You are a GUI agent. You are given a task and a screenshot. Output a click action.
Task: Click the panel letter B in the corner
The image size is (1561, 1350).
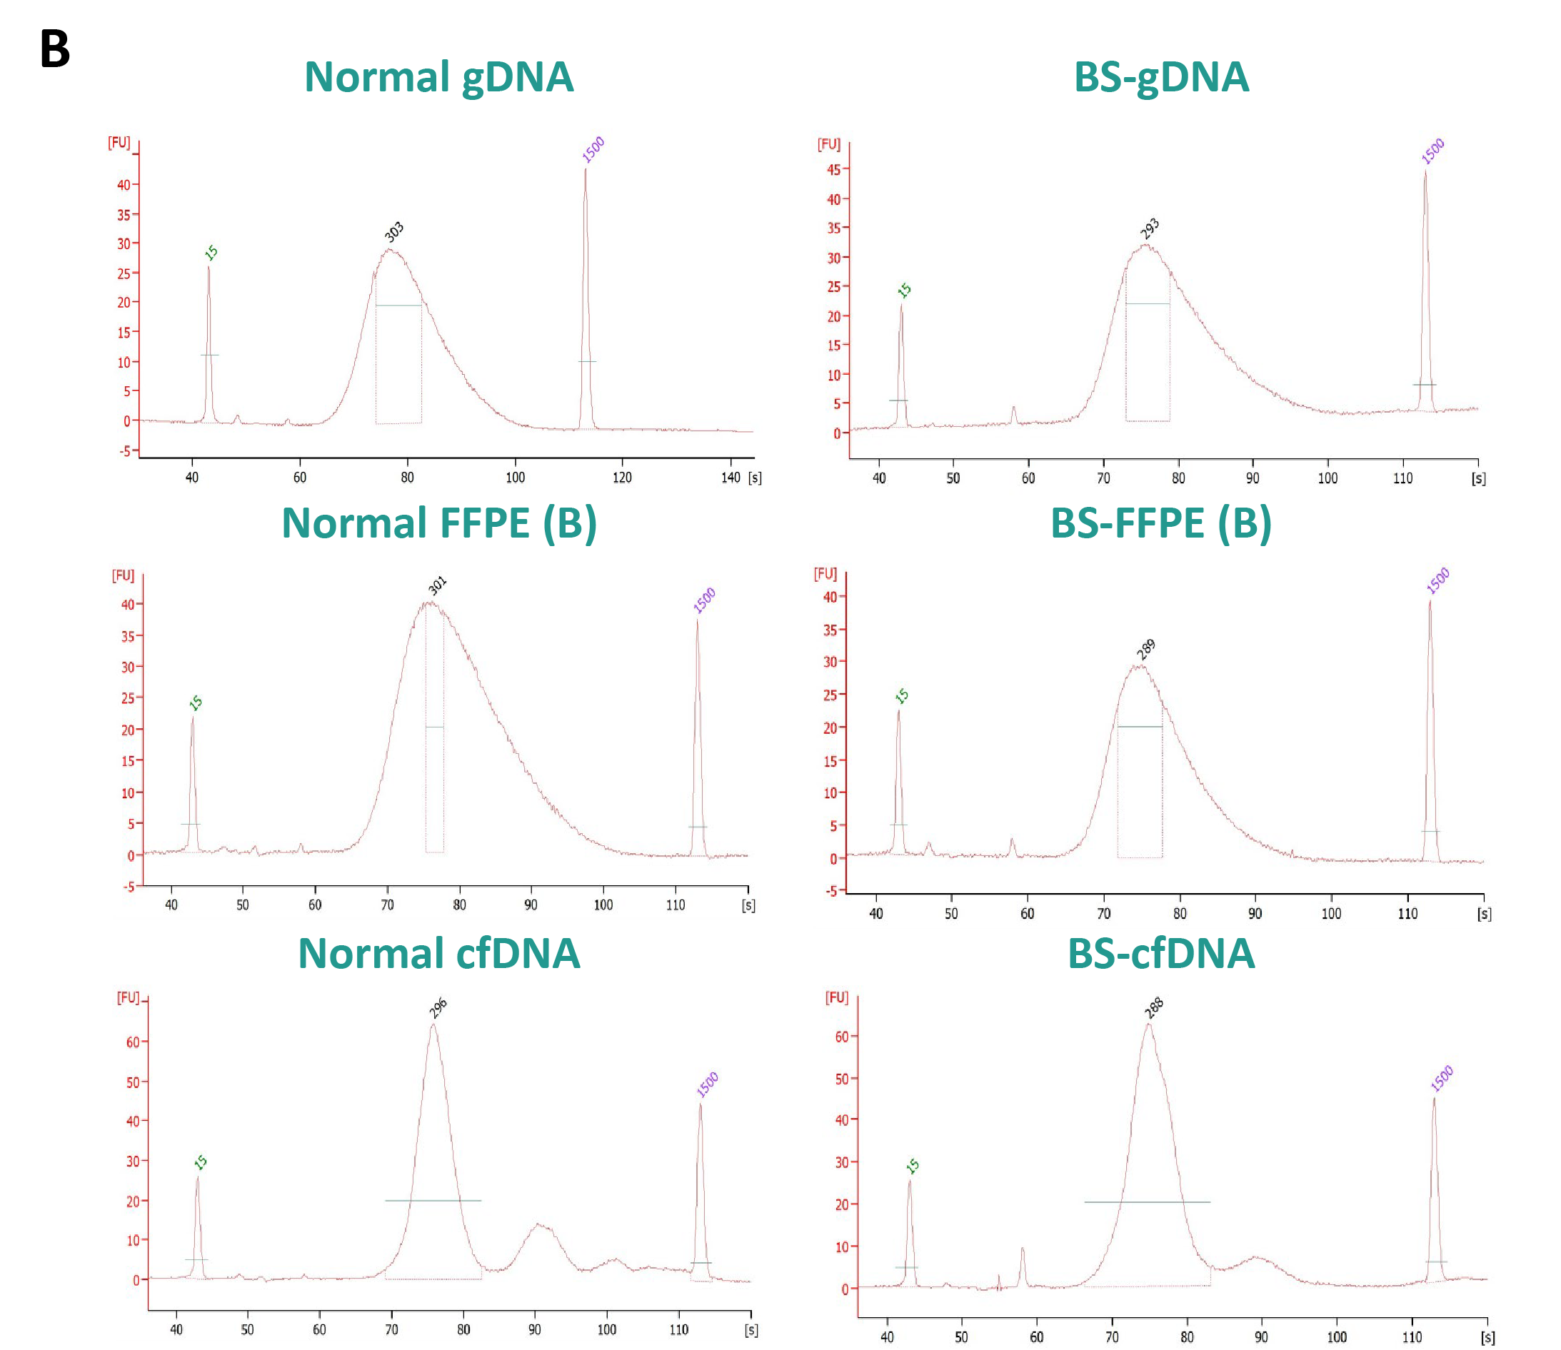tap(54, 50)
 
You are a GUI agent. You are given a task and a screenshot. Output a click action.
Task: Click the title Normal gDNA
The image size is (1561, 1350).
tap(438, 79)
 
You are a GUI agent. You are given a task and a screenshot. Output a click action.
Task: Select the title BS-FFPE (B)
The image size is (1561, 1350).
tap(1160, 523)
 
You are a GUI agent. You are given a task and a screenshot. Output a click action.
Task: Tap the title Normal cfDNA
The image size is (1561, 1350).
tap(438, 954)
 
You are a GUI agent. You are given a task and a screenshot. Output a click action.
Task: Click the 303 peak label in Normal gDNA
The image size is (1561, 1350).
tap(394, 231)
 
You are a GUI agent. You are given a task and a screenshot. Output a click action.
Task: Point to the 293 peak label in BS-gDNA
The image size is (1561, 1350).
tap(1150, 228)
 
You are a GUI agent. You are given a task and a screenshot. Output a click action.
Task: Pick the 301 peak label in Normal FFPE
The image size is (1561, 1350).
tap(438, 585)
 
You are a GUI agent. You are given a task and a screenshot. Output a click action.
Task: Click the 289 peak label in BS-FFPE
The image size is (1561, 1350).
tap(1146, 649)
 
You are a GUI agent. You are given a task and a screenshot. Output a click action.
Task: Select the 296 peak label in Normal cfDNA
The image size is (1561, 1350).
tap(438, 1008)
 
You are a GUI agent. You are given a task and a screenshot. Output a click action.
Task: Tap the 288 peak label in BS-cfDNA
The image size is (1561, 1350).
tap(1154, 1007)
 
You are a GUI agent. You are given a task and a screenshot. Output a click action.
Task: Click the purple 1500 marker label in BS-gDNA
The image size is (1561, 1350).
tap(1433, 151)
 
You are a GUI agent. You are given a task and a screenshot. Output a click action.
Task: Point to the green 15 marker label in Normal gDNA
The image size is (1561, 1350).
tap(211, 253)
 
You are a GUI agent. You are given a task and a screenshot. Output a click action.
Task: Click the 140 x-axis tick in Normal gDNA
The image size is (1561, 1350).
tap(730, 478)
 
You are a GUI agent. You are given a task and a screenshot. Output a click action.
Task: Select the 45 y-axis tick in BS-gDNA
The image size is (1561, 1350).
tap(833, 169)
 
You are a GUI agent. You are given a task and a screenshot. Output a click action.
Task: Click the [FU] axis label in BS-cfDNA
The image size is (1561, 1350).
tap(836, 997)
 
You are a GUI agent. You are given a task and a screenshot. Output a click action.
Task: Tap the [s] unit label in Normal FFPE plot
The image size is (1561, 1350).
tap(748, 905)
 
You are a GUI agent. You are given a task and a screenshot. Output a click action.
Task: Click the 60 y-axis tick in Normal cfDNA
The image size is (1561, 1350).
tap(133, 1042)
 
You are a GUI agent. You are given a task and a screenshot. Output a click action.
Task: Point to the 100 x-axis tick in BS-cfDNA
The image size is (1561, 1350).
tap(1337, 1337)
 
